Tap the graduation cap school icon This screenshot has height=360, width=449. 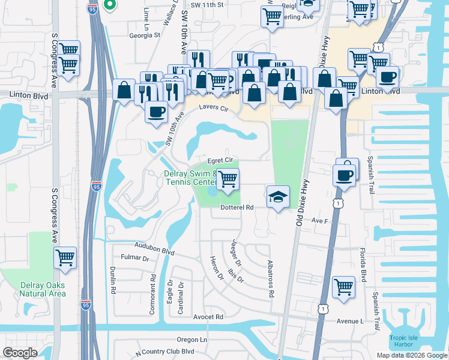tap(278, 197)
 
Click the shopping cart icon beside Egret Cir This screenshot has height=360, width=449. tap(228, 179)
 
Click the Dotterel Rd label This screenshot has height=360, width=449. tap(238, 207)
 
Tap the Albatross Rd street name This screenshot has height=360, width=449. tap(271, 280)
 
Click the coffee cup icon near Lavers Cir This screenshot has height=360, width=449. tap(157, 112)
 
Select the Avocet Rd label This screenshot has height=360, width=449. tap(208, 316)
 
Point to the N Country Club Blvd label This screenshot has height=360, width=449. tap(165, 352)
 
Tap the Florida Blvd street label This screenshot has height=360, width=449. tap(363, 263)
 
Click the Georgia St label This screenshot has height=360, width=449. tap(145, 35)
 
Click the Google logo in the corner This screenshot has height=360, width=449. tap(20, 353)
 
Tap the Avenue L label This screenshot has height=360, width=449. tap(350, 321)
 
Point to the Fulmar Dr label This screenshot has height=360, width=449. tap(134, 259)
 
